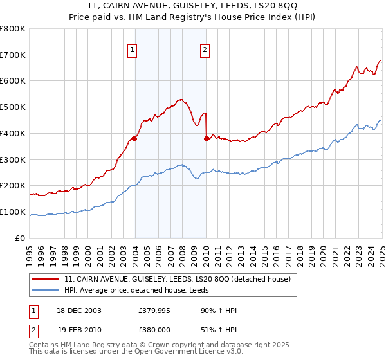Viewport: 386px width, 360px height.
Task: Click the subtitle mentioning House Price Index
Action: pyautogui.click(x=192, y=17)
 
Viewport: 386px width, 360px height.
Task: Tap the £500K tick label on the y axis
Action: pyautogui.click(x=13, y=107)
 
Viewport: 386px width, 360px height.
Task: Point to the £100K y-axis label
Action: pyautogui.click(x=13, y=212)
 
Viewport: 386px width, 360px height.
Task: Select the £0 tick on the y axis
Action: pyautogui.click(x=21, y=238)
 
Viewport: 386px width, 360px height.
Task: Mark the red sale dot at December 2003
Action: pyautogui.click(x=134, y=138)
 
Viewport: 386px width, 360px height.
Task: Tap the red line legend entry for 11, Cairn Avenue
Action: pyautogui.click(x=178, y=279)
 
